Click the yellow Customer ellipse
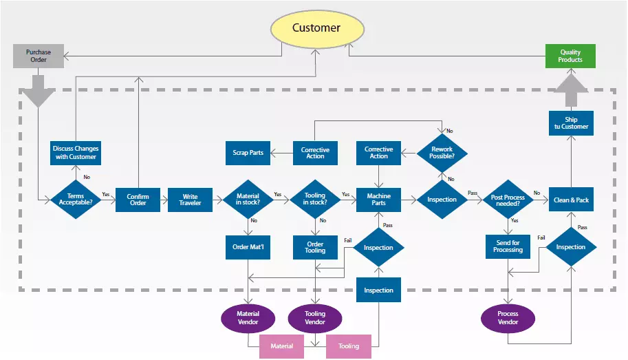point(316,28)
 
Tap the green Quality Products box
point(570,56)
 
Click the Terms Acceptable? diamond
point(76,200)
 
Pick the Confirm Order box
point(138,200)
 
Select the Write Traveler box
point(190,200)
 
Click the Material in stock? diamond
point(248,200)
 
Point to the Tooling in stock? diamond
point(315,200)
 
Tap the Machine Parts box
point(378,200)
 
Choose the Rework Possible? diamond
point(442,153)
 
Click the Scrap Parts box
point(248,152)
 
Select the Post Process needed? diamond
point(508,200)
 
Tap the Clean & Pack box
point(571,200)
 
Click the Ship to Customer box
point(571,123)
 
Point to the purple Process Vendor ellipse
point(508,317)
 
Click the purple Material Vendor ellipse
point(248,317)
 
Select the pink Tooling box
point(349,346)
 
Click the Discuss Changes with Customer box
point(76,153)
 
